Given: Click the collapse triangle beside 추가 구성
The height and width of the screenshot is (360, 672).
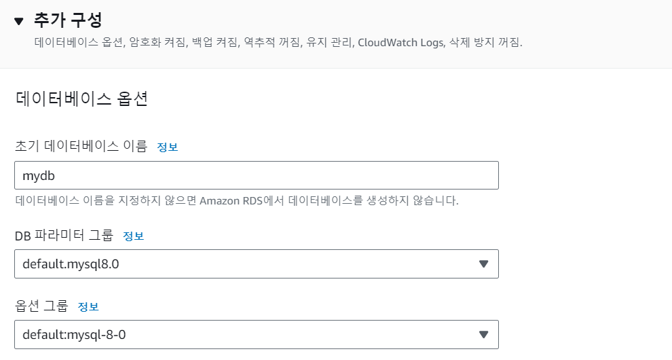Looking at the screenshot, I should coord(19,21).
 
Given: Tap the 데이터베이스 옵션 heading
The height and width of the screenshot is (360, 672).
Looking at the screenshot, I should coord(81,99).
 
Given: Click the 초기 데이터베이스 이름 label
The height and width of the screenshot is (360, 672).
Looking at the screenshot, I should coord(81,146).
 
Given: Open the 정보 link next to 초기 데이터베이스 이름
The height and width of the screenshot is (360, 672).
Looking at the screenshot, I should coord(168,147).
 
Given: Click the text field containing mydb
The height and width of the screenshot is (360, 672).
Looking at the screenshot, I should coord(256,175).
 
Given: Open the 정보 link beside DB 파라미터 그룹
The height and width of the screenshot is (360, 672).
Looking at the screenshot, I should coord(133,236).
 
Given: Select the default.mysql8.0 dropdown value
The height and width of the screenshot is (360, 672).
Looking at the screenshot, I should coord(71,264).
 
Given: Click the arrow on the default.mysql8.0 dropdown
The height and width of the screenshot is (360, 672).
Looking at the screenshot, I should coord(483,264).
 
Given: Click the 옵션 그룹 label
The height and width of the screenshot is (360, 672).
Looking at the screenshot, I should coord(41,306).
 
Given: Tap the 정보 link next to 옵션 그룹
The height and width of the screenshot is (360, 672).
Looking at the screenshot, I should coord(88,307).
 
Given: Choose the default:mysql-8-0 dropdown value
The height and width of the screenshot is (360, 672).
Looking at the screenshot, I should coord(73,335).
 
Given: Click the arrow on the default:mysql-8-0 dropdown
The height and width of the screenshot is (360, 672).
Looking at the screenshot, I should coord(483,335).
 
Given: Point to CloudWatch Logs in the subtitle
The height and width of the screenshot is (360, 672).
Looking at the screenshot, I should coord(400,43).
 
